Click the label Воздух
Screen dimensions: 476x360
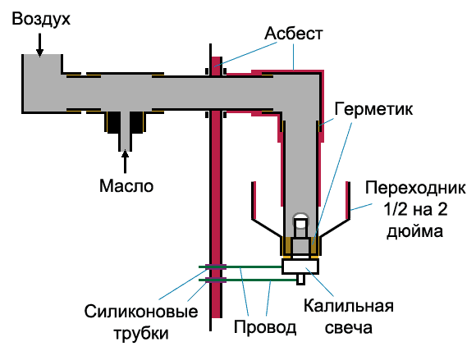[x=41, y=20]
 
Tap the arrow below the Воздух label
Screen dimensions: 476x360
[x=39, y=45]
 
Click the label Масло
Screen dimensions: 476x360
[x=126, y=185]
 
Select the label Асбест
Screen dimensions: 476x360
[x=293, y=33]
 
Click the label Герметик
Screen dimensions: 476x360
[x=373, y=108]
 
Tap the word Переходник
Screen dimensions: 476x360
[x=415, y=188]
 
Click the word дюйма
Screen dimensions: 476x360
[x=414, y=232]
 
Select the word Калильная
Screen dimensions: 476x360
[x=349, y=306]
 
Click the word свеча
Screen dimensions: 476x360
[x=349, y=327]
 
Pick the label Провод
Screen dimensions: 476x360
[x=265, y=327]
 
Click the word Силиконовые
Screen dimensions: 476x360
[x=141, y=312]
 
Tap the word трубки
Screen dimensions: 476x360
[x=141, y=334]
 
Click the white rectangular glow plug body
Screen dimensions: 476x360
[x=300, y=267]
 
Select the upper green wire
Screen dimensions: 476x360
[x=240, y=267]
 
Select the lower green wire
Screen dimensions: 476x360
[x=248, y=280]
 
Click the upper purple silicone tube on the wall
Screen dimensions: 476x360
[x=216, y=267]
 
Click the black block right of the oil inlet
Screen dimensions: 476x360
[x=136, y=122]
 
